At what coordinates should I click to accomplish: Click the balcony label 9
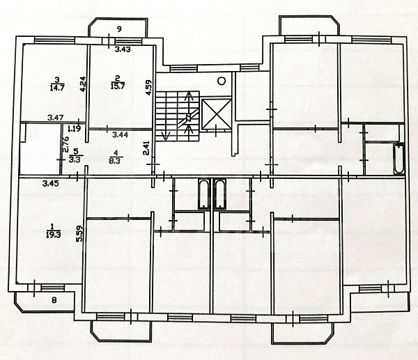(119, 29)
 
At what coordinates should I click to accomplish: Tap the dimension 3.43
(123, 49)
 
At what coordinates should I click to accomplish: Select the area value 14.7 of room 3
(56, 87)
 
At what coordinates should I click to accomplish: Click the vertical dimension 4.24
(83, 85)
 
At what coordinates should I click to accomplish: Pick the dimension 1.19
(74, 129)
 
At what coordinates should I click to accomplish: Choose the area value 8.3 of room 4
(116, 159)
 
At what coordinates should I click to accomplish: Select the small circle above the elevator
(222, 81)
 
